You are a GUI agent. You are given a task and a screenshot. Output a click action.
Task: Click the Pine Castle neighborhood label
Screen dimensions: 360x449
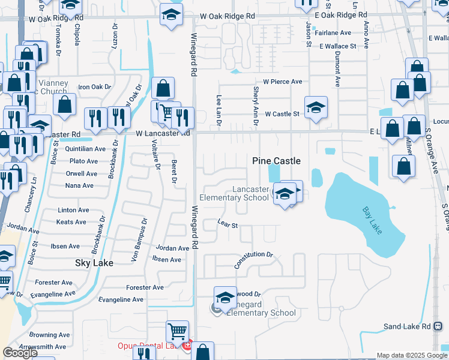point(276,161)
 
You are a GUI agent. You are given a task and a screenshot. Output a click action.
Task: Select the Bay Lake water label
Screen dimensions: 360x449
point(375,221)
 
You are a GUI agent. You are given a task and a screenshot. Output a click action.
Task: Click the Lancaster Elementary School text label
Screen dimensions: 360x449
point(250,193)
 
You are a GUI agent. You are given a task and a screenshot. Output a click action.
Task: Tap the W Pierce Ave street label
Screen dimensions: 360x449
point(282,82)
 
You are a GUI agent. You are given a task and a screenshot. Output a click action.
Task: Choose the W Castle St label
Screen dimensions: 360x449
point(282,113)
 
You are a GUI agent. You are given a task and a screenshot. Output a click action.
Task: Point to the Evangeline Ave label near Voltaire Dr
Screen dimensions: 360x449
point(121,299)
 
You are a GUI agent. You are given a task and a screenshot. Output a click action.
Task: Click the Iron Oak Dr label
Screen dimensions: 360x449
point(95,87)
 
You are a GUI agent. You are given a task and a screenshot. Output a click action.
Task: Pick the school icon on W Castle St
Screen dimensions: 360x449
point(316,107)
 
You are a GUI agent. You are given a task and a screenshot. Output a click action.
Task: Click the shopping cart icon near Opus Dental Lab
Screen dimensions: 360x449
point(177,331)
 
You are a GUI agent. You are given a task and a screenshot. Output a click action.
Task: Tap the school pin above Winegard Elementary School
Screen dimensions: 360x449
point(225,298)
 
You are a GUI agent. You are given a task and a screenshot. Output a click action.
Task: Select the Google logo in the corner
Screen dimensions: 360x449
point(20,353)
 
